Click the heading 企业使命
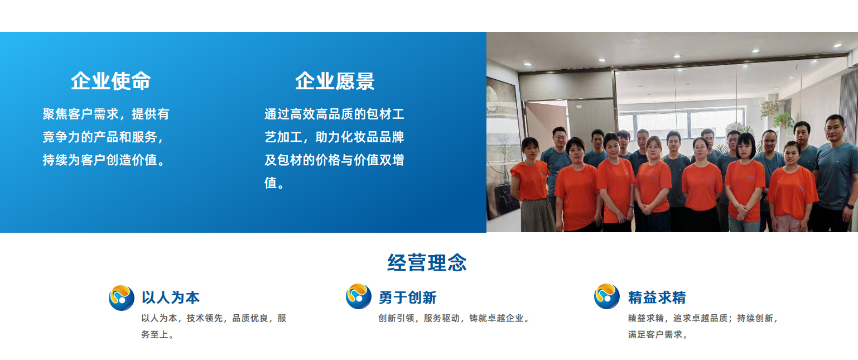(x=110, y=81)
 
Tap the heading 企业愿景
(x=335, y=81)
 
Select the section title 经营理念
(x=427, y=262)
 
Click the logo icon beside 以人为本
(x=121, y=297)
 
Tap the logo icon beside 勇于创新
(x=358, y=296)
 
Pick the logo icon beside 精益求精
(x=606, y=296)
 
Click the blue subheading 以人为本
(x=170, y=297)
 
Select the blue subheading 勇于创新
(x=407, y=297)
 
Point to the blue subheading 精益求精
(x=657, y=297)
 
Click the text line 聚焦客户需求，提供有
(x=106, y=114)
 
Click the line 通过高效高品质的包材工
(x=334, y=114)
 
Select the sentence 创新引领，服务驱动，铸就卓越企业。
(x=454, y=319)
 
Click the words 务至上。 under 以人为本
(x=158, y=335)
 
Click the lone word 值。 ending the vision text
(x=274, y=183)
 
